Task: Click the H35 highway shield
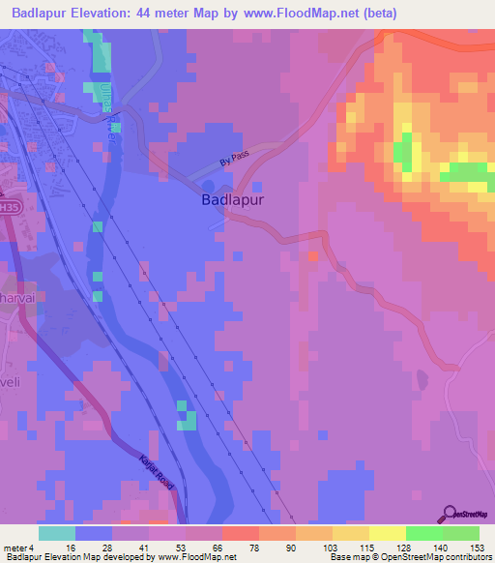pos(8,206)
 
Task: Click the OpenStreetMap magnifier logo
pos(450,516)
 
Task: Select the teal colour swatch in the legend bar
pos(56,533)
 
